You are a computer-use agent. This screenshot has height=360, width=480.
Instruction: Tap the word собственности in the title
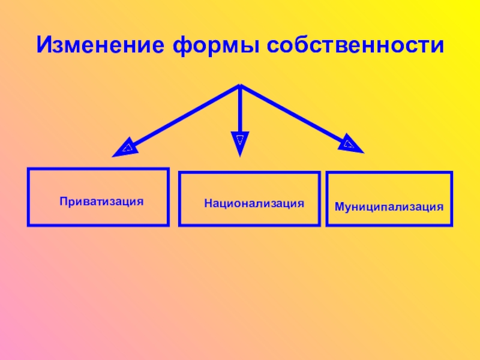pos(358,45)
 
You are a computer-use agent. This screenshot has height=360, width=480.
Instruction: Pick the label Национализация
pos(254,203)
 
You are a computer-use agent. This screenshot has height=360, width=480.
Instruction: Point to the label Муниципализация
pos(389,206)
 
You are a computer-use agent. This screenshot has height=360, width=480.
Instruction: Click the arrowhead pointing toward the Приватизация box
pos(124,148)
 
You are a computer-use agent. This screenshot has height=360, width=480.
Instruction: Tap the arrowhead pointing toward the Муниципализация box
pos(351,145)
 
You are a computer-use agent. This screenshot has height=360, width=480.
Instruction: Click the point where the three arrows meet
pos(240,86)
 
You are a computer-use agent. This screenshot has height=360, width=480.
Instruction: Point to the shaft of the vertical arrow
pos(239,111)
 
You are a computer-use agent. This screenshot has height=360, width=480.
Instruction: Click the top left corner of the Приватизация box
pos(28,169)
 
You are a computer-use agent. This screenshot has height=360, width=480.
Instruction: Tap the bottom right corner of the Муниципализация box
pos(452,226)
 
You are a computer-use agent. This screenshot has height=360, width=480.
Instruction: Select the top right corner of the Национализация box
pos(319,173)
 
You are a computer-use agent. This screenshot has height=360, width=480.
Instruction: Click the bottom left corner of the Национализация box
pos(179,225)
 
